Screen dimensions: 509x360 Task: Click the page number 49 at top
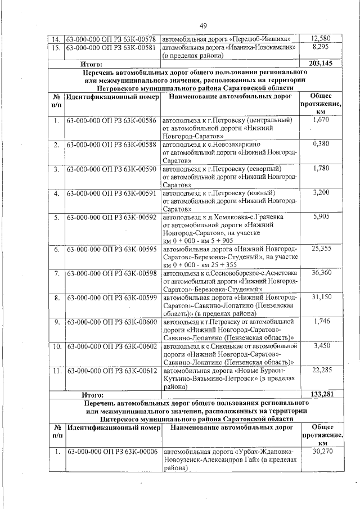pos(203,25)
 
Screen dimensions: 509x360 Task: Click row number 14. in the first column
pos(56,39)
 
